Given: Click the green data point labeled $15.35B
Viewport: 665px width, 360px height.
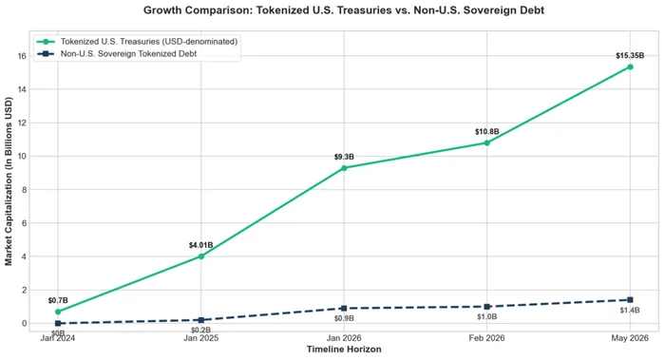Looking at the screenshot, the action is click(x=630, y=67).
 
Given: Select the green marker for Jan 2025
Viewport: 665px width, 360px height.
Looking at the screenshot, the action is click(x=201, y=256).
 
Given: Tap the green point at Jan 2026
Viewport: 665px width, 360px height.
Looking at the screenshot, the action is click(x=344, y=168).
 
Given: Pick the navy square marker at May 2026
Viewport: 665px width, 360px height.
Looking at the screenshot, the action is click(x=630, y=300).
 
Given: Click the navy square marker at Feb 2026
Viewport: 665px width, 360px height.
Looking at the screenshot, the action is click(x=486, y=307).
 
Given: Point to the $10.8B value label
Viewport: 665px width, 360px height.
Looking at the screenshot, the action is click(x=486, y=132).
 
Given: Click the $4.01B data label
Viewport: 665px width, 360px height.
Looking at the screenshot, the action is click(x=201, y=245).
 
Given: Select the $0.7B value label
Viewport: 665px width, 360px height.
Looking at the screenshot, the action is click(x=58, y=301).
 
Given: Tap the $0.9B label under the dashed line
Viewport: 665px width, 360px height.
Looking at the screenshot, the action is click(x=344, y=318).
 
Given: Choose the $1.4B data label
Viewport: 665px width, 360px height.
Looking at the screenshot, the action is click(x=630, y=311).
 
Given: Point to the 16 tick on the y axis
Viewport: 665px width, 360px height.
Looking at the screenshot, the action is click(x=22, y=56).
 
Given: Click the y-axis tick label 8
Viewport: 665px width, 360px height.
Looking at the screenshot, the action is click(x=24, y=190).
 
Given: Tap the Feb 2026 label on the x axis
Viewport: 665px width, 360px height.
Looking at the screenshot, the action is click(x=486, y=338).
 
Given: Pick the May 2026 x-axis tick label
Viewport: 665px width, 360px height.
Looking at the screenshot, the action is click(x=630, y=338).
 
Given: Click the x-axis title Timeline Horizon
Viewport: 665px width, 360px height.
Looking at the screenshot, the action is click(x=344, y=350).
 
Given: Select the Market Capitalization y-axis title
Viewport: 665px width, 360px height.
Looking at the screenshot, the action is click(x=9, y=181).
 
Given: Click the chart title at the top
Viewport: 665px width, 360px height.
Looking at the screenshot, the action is click(x=344, y=10).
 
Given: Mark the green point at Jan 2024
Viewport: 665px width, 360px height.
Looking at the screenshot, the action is click(x=58, y=312).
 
